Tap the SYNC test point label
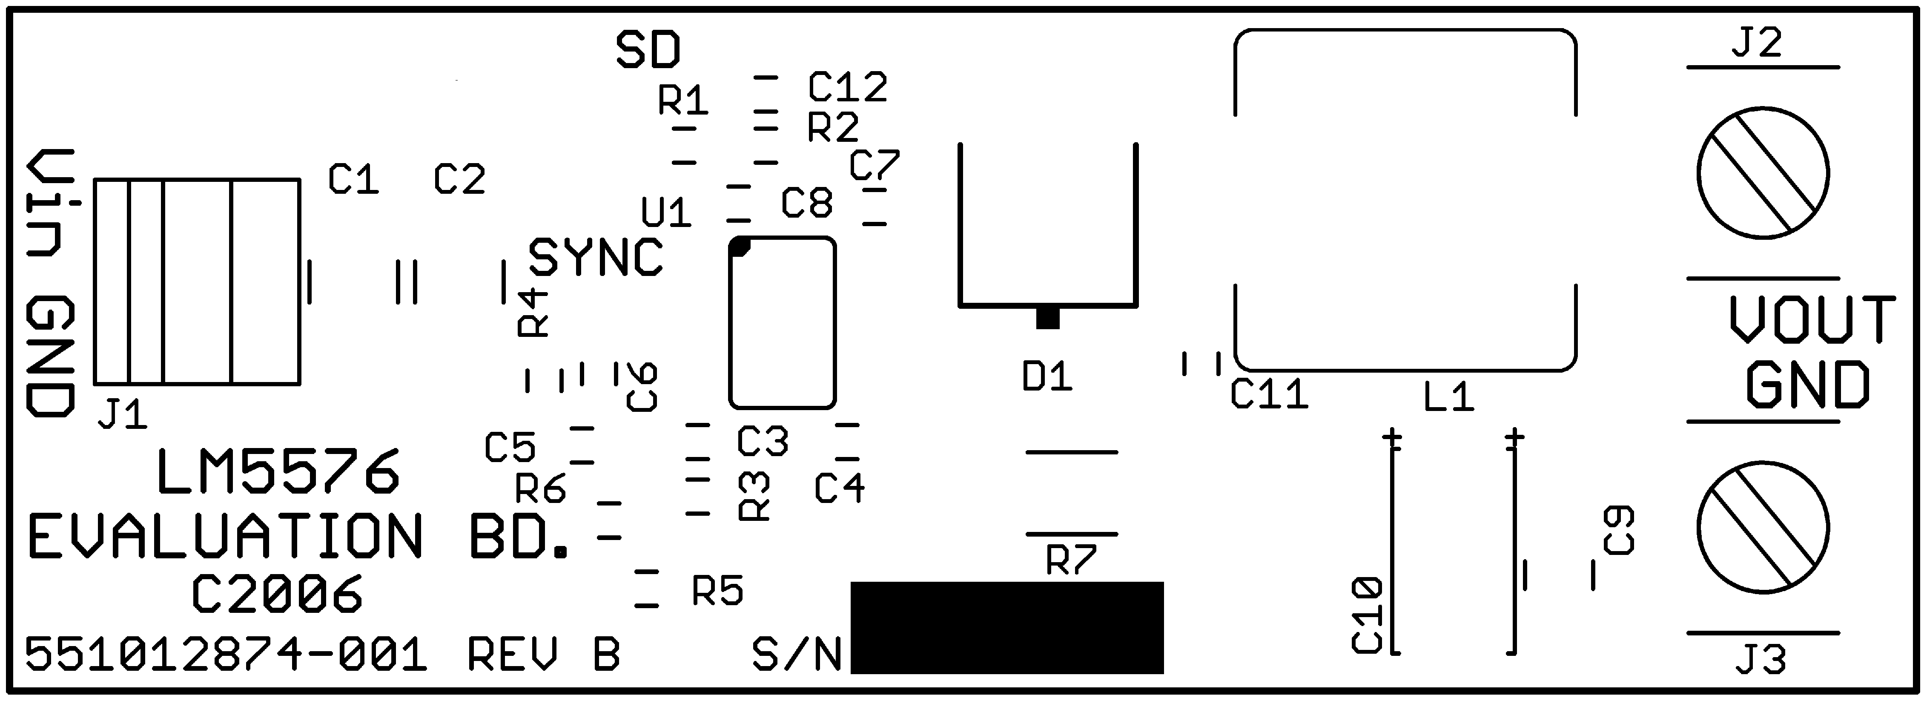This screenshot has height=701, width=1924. point(595,258)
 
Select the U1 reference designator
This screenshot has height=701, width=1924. point(666,213)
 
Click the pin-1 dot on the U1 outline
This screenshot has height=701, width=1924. point(740,247)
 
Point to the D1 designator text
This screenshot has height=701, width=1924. point(1047,377)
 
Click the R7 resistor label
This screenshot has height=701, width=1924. point(1071,560)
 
